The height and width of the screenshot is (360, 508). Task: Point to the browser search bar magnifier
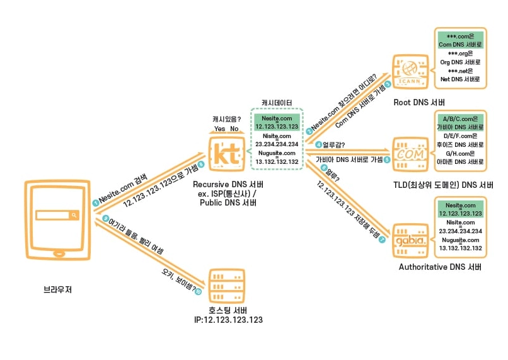(x=74, y=216)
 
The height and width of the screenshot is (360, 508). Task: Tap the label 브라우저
(x=57, y=291)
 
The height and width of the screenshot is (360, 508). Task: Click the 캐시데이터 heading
(x=277, y=102)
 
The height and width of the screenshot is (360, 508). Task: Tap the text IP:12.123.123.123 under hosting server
(x=228, y=320)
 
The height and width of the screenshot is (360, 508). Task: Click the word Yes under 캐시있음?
(x=219, y=129)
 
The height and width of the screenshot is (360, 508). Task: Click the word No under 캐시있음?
(x=234, y=129)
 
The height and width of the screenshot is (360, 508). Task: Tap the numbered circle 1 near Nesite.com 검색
(x=95, y=202)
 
